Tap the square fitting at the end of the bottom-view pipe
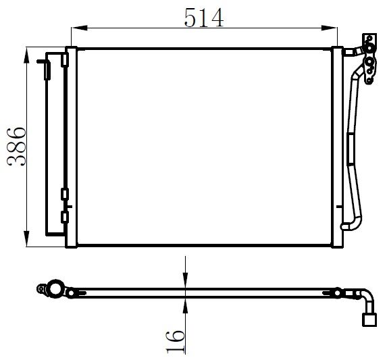click(369, 319)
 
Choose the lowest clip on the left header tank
click(65, 217)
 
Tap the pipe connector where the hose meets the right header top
click(347, 51)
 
